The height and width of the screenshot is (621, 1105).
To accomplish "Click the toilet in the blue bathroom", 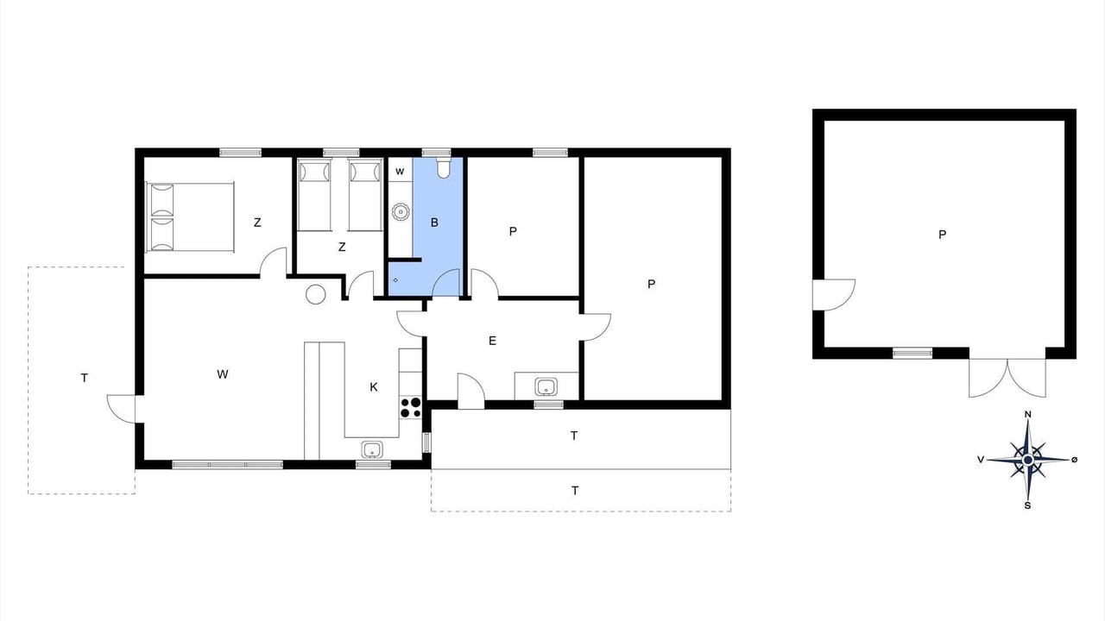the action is tap(444, 167).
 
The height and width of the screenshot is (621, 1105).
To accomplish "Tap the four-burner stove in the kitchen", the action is tap(410, 408).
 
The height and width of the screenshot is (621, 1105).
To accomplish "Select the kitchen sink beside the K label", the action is tap(371, 449).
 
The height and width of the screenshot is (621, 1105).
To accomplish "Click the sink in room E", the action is tap(546, 386).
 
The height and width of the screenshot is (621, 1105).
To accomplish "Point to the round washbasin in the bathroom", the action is tap(401, 212).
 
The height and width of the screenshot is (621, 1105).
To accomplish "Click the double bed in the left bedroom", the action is tap(190, 216).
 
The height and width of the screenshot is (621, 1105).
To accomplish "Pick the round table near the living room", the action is tap(316, 294).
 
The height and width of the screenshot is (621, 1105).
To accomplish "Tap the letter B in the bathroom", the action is tap(434, 223).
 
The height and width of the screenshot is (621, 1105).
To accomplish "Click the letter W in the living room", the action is tap(223, 374).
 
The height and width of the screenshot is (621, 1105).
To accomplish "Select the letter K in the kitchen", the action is tap(374, 387).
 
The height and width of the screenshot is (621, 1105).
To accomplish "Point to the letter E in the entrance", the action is tap(492, 341).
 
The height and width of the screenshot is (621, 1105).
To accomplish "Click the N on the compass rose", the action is tap(1028, 415).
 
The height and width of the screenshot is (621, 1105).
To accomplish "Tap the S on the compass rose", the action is tap(1027, 505).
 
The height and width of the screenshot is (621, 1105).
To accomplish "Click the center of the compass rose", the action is tap(1028, 460).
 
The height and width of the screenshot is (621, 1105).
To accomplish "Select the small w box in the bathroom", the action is tap(400, 171).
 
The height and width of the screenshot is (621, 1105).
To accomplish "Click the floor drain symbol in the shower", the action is tap(395, 280).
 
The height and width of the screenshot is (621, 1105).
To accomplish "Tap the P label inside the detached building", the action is tap(942, 235).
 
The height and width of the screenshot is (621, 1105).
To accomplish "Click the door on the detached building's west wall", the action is tap(834, 295).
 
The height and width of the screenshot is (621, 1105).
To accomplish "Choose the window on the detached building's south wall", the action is tap(912, 353).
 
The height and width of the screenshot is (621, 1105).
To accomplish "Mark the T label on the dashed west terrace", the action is tap(85, 378).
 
